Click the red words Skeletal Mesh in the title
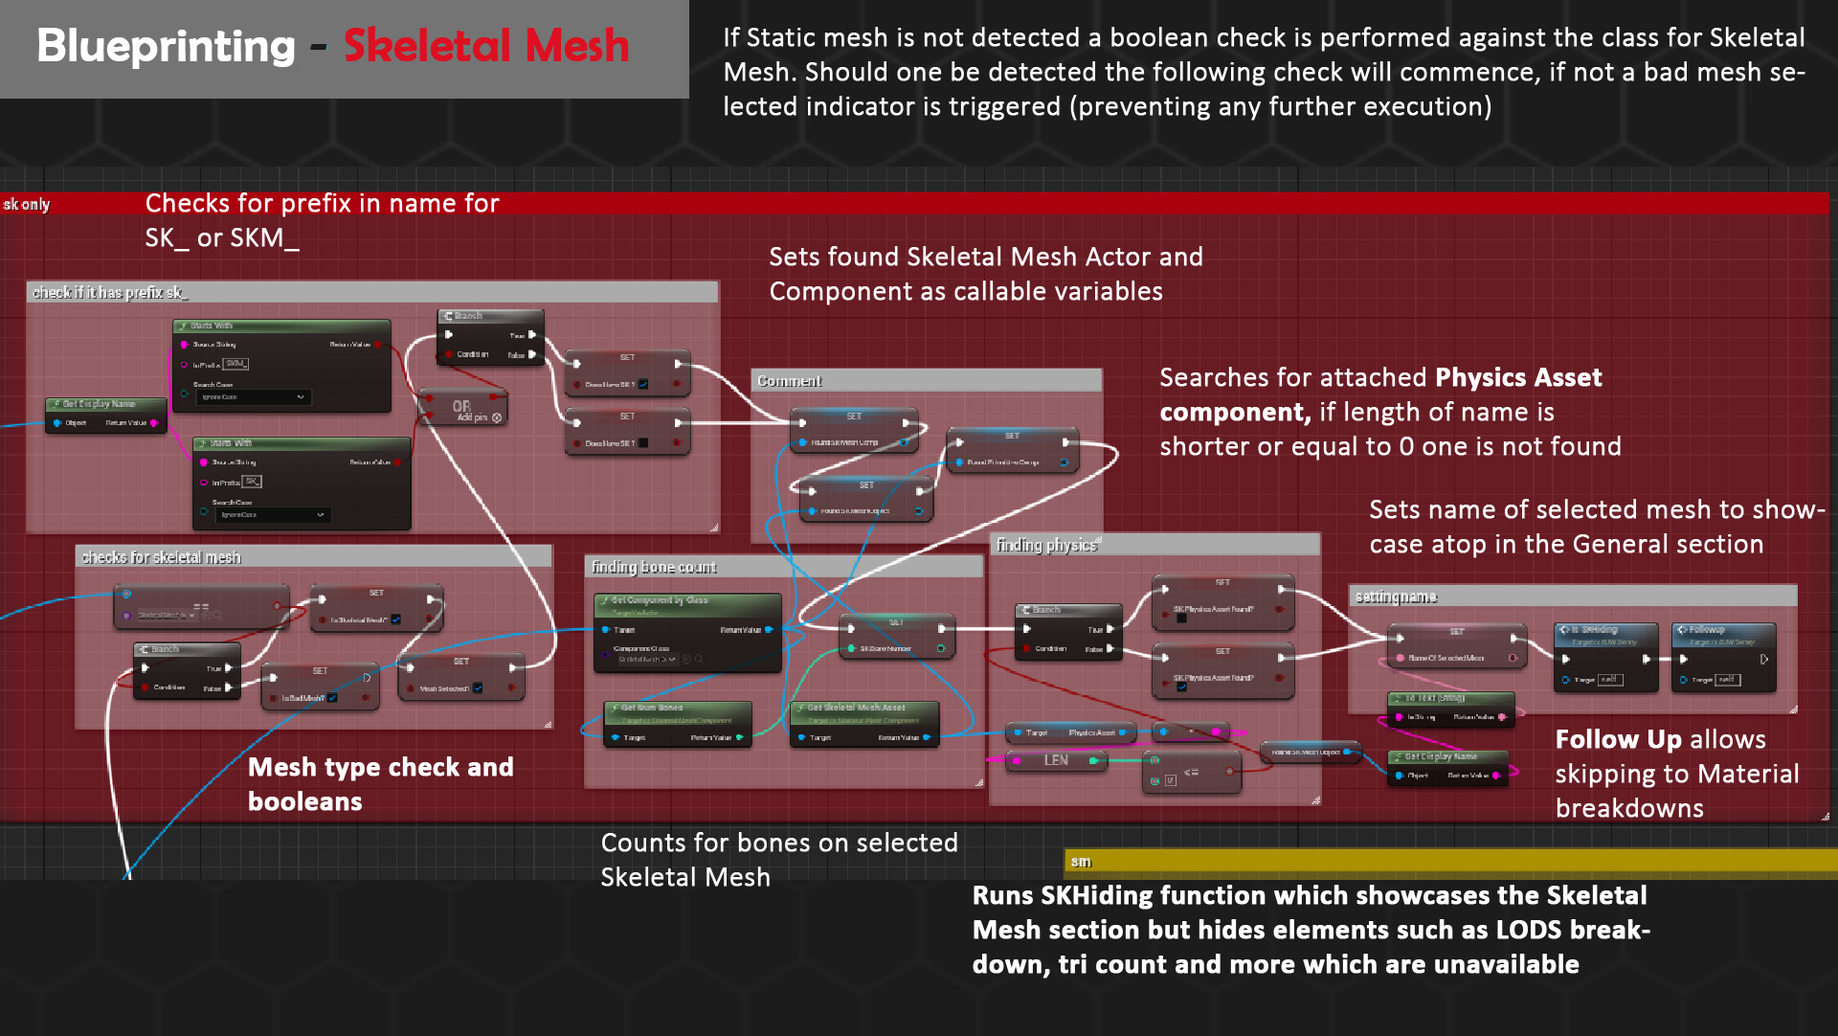486,46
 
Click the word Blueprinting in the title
166,46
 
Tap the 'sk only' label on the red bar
27,204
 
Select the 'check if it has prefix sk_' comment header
110,292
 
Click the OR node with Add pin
463,409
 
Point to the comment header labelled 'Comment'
789,381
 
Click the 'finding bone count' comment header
654,567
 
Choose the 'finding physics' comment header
1046,545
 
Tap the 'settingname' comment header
1396,597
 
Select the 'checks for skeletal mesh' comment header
161,557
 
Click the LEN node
1056,760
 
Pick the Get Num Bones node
678,722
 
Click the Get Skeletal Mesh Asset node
864,722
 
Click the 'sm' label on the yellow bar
1081,862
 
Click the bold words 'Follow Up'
1618,739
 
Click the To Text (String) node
1451,709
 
